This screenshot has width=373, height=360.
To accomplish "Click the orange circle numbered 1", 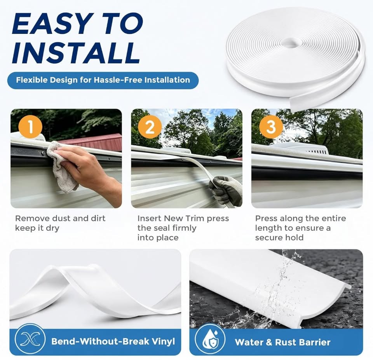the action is [x=30, y=126].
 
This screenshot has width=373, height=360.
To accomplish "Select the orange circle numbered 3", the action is [x=271, y=126].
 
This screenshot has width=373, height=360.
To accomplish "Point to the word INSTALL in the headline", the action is [x=76, y=53].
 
